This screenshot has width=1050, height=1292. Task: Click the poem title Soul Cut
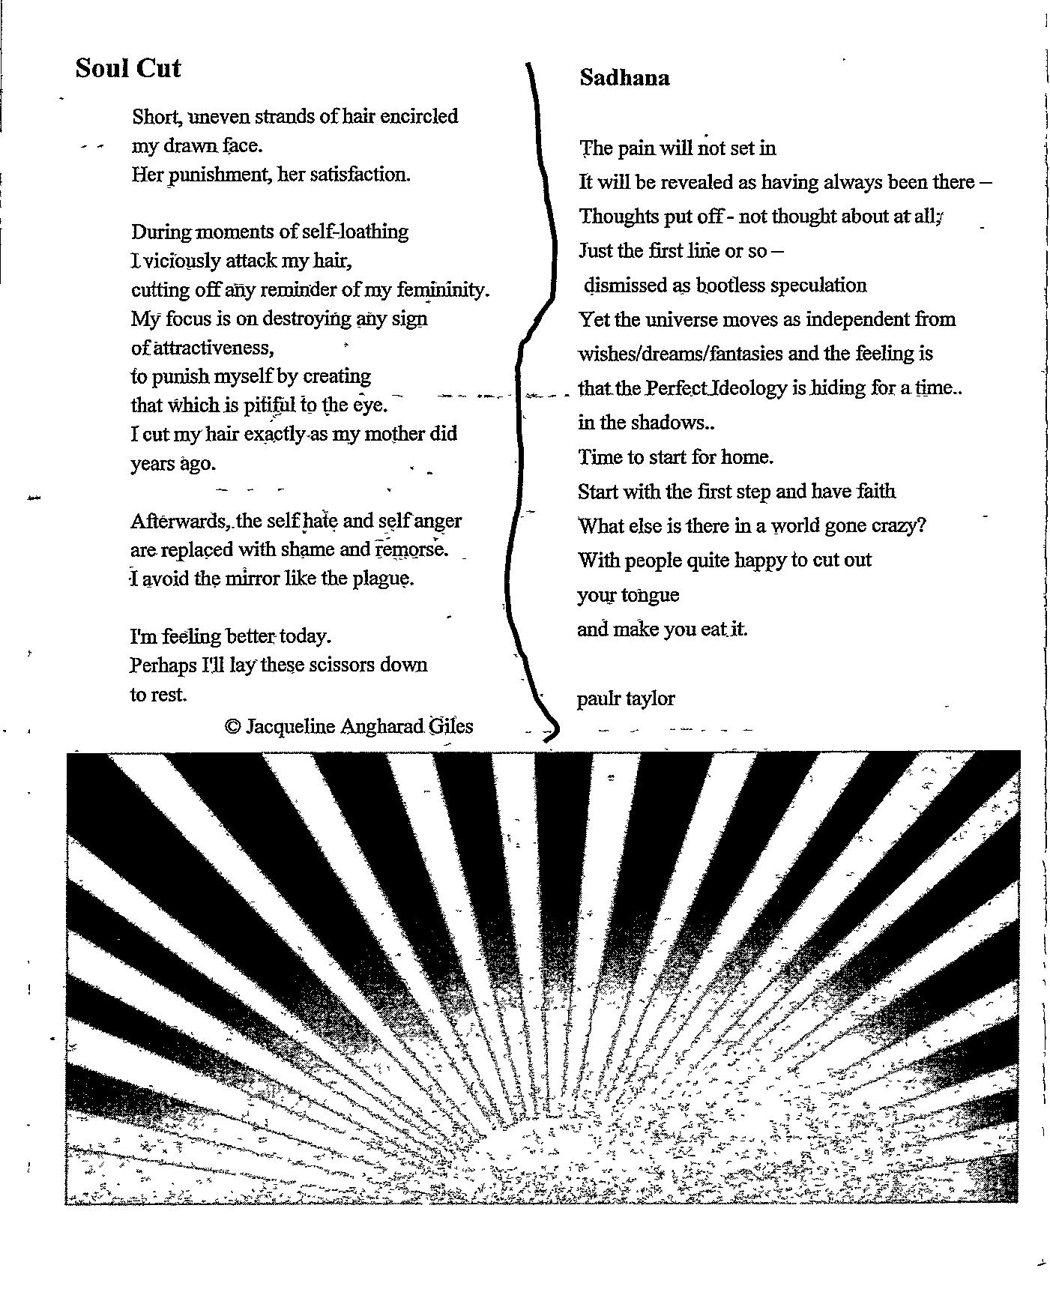(x=127, y=68)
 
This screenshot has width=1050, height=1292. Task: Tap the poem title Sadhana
(x=624, y=78)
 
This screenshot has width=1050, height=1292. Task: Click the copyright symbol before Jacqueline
(x=232, y=725)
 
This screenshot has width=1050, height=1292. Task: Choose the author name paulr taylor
(x=626, y=698)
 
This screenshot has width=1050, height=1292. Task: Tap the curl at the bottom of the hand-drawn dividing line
(x=551, y=728)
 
